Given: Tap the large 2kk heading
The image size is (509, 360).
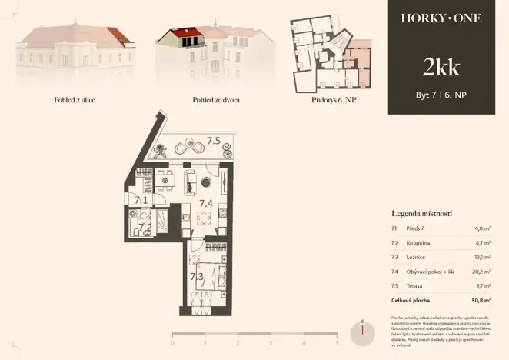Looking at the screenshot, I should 441,68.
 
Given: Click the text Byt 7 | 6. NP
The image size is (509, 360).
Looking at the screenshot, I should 441,96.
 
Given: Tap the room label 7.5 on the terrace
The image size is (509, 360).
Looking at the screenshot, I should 214,141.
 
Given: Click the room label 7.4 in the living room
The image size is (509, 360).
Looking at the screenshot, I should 206,203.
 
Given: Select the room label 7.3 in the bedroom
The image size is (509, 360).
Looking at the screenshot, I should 196,275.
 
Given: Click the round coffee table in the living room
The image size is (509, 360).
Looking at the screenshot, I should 208,182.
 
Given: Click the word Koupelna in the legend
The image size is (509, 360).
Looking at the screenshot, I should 420,242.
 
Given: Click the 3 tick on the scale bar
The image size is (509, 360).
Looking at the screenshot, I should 271,343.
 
